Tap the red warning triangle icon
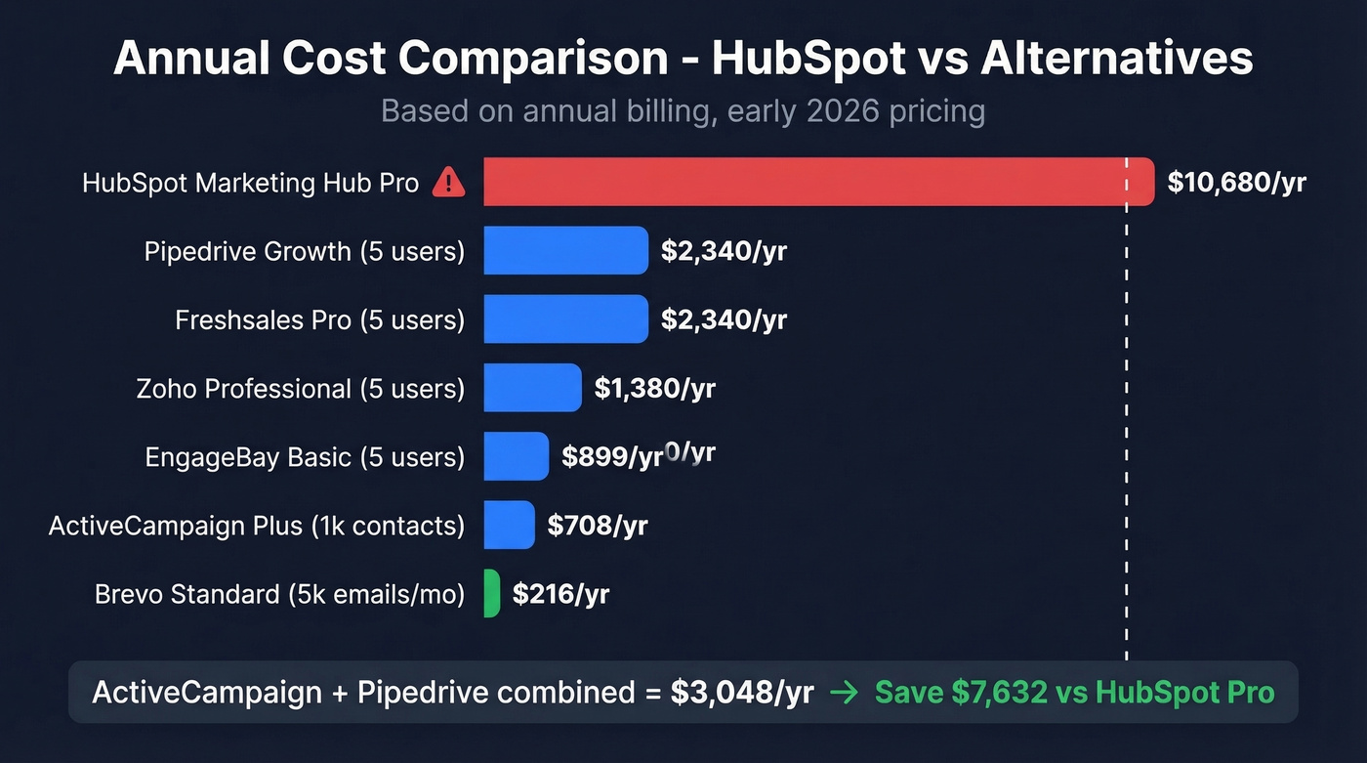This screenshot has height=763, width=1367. (448, 182)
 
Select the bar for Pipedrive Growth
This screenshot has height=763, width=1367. (565, 251)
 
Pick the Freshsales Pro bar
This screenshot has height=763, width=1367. (565, 319)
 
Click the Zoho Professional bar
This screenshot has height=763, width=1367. (532, 388)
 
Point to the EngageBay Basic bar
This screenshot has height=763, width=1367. (516, 456)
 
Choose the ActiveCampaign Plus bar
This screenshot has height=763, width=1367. (509, 525)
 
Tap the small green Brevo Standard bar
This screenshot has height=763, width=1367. (492, 594)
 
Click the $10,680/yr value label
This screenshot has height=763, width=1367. (1236, 183)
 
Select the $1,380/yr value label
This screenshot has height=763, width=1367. (654, 389)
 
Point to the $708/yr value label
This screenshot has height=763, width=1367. (598, 526)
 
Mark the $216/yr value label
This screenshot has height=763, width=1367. (560, 594)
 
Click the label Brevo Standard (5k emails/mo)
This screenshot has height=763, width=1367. (279, 594)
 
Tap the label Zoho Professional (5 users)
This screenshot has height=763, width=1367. (301, 389)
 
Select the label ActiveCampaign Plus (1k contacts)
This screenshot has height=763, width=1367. (257, 526)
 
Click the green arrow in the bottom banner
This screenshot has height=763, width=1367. (844, 694)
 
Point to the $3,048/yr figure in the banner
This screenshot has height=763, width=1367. (742, 693)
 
